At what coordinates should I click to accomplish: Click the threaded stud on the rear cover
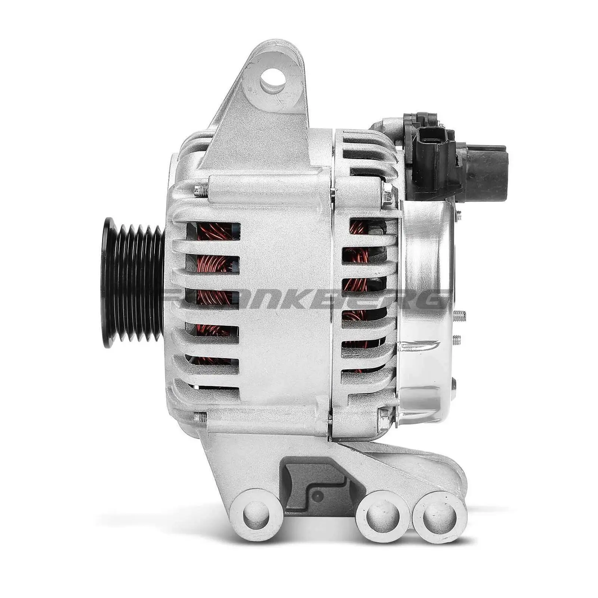coord(460,317)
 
